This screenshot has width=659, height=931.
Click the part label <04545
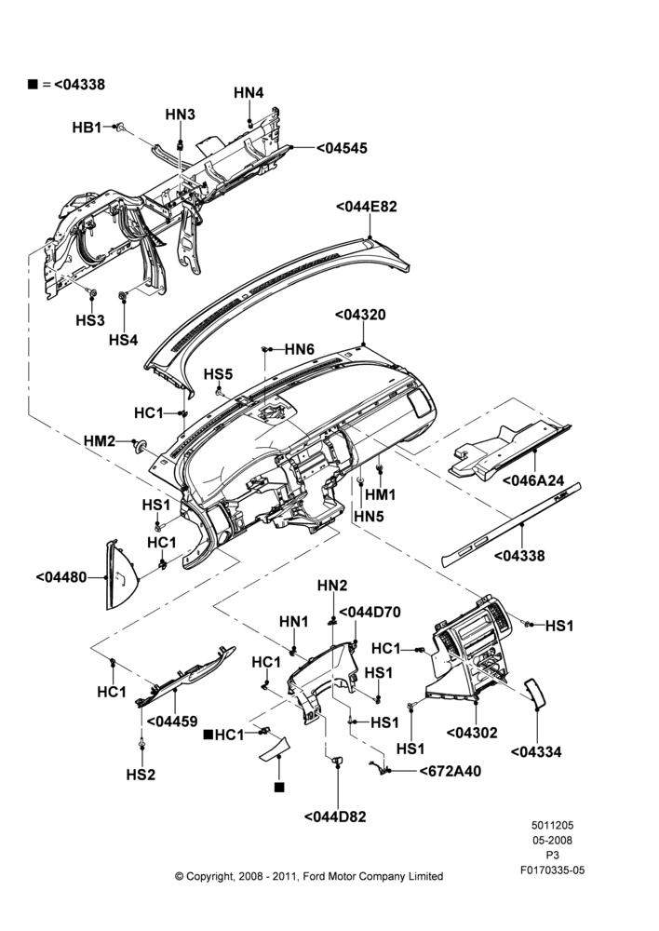342,148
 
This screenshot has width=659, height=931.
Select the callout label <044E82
367,207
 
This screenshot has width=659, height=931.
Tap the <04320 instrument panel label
360,315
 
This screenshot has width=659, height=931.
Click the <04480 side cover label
61,576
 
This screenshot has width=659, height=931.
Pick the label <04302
472,733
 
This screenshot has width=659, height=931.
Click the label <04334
536,751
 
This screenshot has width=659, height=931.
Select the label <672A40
450,771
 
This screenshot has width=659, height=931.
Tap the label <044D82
335,816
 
